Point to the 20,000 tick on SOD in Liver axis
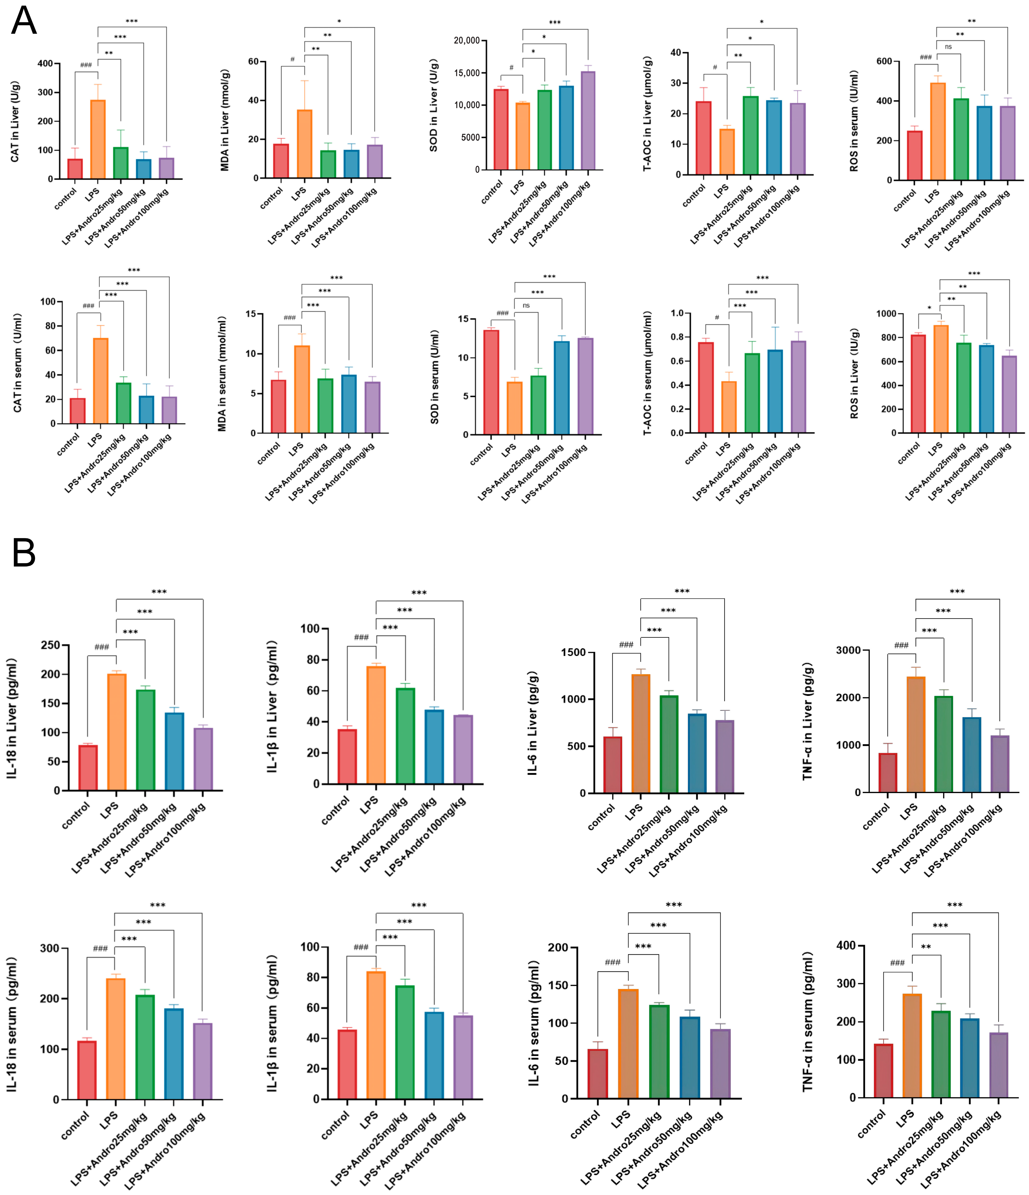[466, 40]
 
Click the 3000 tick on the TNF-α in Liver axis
[848, 651]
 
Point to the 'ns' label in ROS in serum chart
[948, 47]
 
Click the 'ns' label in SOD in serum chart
[526, 305]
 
